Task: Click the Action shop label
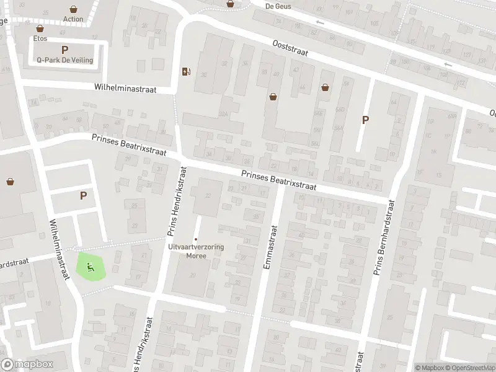coord(73,19)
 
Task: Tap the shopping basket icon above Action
coord(74,9)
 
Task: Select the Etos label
coord(40,38)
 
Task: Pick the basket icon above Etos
coord(40,29)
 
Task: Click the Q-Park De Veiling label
coord(64,60)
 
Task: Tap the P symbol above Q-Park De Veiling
coord(64,50)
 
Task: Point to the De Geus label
coord(278,6)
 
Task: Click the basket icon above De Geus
coord(231,3)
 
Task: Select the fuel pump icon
coord(185,71)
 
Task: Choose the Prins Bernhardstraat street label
coord(383,236)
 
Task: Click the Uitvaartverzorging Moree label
coord(196,250)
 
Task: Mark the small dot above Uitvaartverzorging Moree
coord(196,239)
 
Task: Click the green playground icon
coord(91,268)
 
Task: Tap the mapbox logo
coord(27,365)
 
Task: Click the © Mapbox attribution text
coord(430,368)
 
